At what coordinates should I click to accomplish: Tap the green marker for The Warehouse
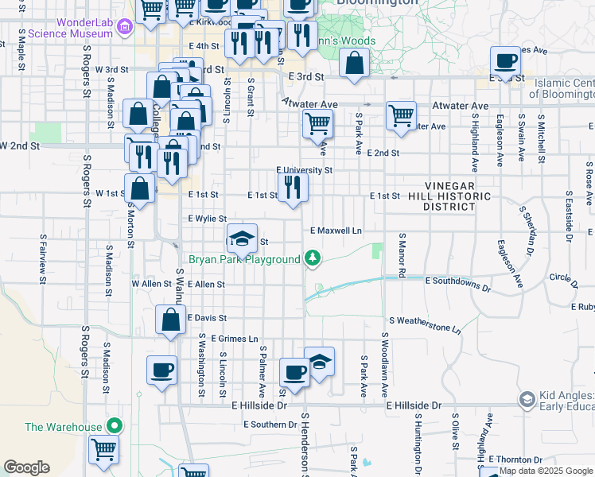tap(115, 427)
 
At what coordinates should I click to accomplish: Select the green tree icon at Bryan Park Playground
tap(313, 258)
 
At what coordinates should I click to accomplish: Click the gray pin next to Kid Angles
tap(527, 398)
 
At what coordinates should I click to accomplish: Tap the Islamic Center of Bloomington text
tap(564, 88)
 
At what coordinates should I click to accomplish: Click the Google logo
tap(26, 467)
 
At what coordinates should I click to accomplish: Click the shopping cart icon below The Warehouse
tap(103, 450)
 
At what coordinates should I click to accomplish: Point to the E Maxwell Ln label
tap(336, 231)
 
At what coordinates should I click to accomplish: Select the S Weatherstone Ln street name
tap(425, 324)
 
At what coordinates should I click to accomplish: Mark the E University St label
tap(304, 170)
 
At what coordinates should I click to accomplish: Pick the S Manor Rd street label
tap(402, 255)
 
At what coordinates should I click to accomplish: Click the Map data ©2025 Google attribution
tap(546, 471)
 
